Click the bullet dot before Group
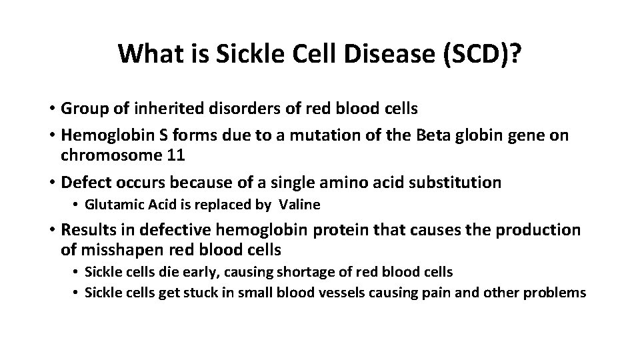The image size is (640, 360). tap(51, 109)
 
